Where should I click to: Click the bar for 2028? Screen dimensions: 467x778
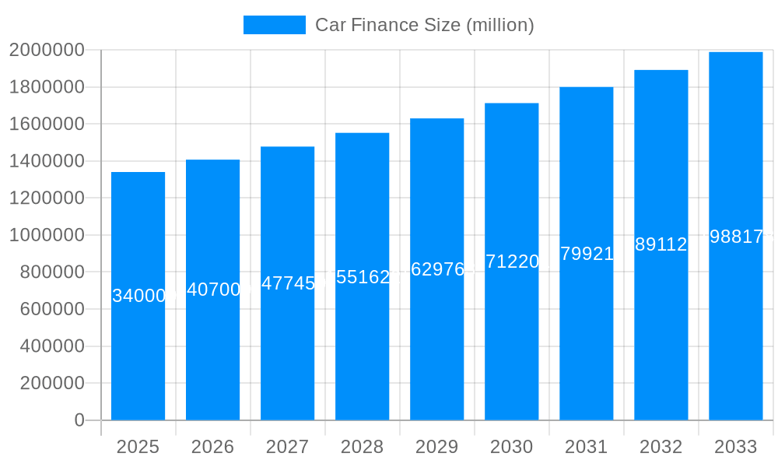tap(363, 350)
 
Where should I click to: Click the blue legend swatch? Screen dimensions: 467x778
tap(275, 25)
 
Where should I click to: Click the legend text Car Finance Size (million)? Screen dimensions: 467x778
tap(424, 25)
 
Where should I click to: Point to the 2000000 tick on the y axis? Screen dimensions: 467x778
tap(47, 50)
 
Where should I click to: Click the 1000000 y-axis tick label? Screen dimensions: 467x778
tap(47, 235)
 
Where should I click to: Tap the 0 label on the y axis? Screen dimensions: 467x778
tap(79, 420)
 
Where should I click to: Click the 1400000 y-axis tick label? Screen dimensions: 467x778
tap(47, 161)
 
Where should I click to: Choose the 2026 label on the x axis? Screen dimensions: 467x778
tap(213, 447)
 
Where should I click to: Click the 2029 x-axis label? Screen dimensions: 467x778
tap(437, 447)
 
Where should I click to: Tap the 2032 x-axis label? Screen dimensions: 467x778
tap(661, 447)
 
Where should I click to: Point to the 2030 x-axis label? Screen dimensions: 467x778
tap(512, 447)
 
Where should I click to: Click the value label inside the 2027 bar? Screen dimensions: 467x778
tap(288, 283)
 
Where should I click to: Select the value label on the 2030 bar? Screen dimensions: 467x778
tap(512, 262)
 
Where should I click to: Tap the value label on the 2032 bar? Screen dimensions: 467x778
tap(661, 244)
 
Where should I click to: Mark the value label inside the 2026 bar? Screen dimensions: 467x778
tap(213, 290)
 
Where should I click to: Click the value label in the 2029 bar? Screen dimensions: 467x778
tap(437, 269)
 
